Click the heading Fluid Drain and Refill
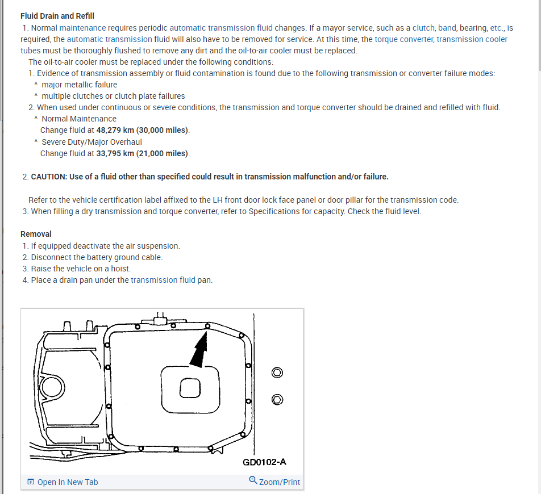[x=57, y=16]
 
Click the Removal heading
[x=36, y=234]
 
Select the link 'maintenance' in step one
[x=82, y=28]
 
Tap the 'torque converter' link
[x=403, y=39]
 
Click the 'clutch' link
[x=423, y=28]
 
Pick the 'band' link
[x=447, y=28]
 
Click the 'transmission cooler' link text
[x=472, y=39]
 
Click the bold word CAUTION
[x=48, y=177]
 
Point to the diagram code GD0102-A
[x=264, y=462]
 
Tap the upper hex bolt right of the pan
[x=277, y=373]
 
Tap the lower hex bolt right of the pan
[x=277, y=399]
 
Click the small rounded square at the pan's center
[x=189, y=390]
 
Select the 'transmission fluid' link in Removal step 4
[x=163, y=280]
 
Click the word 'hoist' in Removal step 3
[x=120, y=269]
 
